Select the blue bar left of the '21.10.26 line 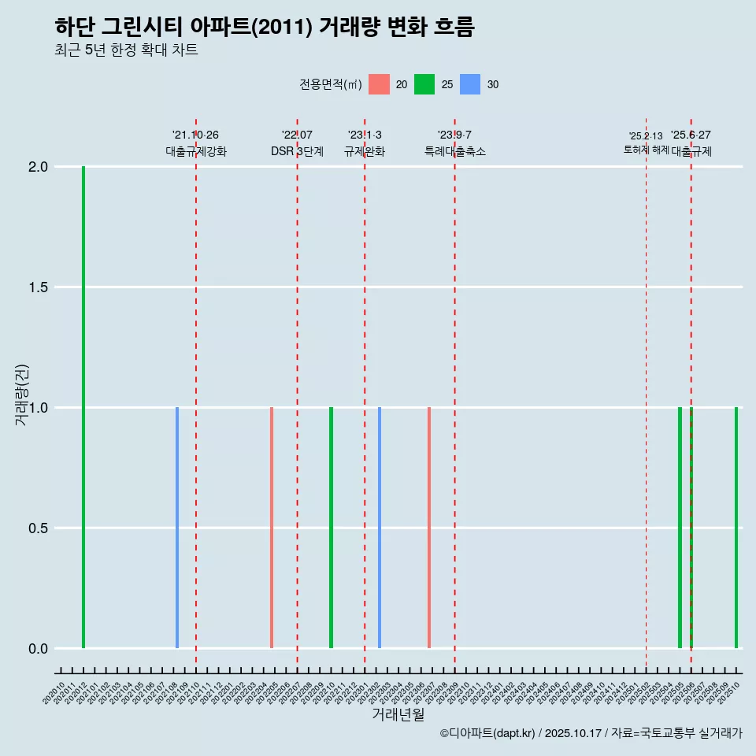point(177,528)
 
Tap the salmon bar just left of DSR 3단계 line point(272,528)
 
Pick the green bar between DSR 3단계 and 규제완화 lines point(331,528)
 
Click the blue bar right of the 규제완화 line point(380,528)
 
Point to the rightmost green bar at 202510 point(736,528)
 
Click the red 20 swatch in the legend point(380,84)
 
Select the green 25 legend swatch point(424,84)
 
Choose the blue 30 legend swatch point(470,84)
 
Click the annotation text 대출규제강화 point(196,152)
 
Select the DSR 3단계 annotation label point(297,152)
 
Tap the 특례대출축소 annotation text point(455,152)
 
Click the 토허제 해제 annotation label point(646,150)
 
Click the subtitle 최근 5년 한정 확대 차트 point(126,50)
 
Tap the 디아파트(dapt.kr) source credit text point(488,733)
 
